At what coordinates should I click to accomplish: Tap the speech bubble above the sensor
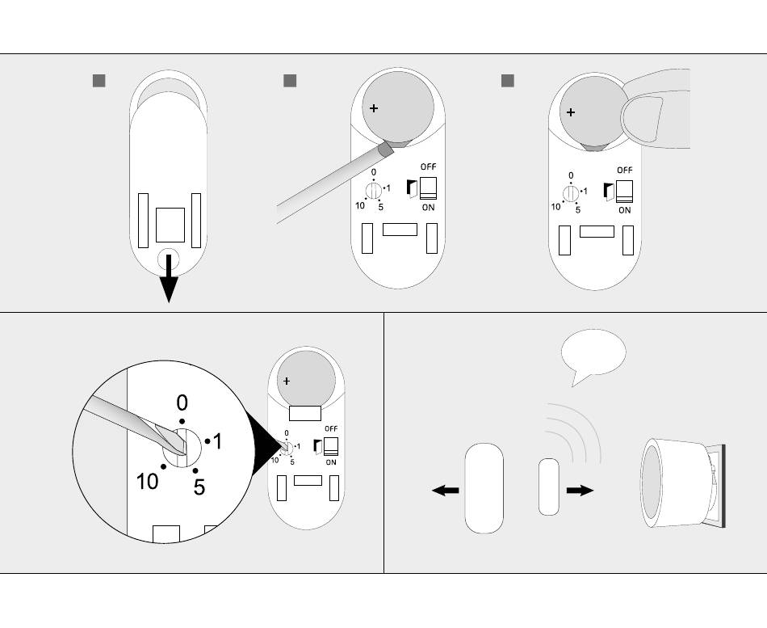593,353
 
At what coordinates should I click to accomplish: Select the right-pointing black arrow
580,490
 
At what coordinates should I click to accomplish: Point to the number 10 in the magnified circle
148,482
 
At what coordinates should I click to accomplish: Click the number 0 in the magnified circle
182,403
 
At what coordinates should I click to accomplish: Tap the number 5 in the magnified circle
199,487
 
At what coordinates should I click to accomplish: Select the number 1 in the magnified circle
217,441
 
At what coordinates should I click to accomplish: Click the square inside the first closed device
170,225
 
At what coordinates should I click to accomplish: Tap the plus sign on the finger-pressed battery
571,112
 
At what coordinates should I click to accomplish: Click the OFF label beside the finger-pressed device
624,171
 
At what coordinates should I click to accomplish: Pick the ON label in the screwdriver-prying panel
428,208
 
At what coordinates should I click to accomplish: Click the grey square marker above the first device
99,81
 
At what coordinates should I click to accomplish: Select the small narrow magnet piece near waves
548,486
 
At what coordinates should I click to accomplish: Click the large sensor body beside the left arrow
484,487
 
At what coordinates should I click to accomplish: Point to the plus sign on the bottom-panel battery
287,381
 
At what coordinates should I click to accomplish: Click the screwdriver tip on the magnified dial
176,443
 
